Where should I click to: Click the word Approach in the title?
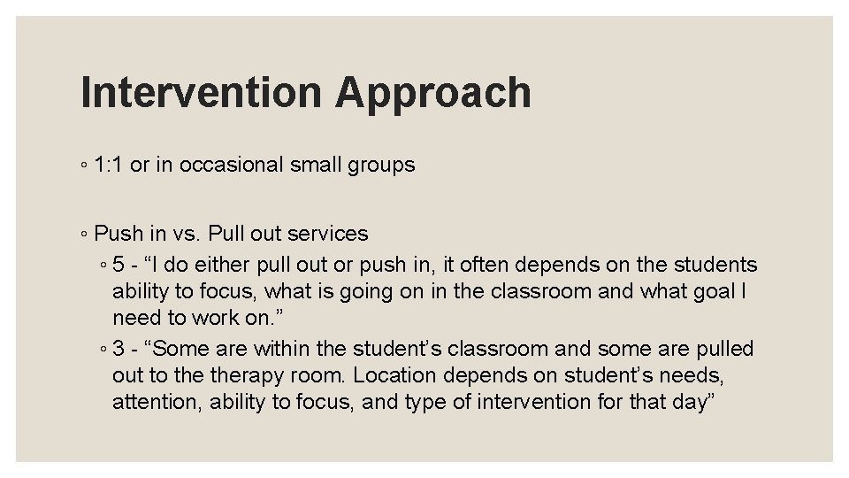[x=433, y=92]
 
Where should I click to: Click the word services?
[x=326, y=234]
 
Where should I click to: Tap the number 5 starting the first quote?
[x=119, y=265]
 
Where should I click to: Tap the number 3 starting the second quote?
[x=119, y=349]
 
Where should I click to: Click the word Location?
[x=397, y=375]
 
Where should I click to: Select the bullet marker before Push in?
[x=82, y=235]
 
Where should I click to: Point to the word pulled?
[x=722, y=349]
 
